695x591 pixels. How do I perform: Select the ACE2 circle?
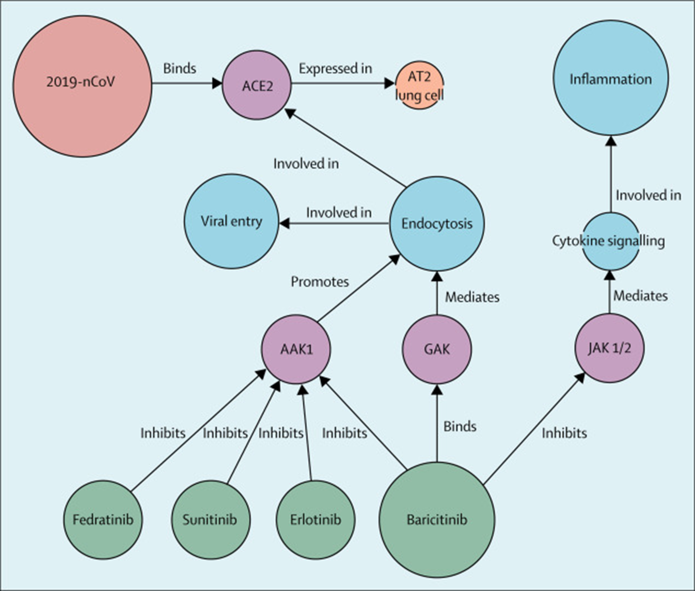click(257, 85)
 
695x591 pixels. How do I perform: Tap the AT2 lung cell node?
click(419, 86)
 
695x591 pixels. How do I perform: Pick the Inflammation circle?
click(610, 78)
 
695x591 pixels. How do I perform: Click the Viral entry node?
click(231, 221)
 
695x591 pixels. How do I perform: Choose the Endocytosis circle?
click(437, 223)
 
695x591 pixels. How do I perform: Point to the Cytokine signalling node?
click(609, 241)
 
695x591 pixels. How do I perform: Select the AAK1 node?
click(296, 349)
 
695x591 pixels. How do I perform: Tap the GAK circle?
click(437, 349)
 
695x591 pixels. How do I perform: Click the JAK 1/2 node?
click(609, 348)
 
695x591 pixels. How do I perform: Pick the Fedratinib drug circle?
click(103, 519)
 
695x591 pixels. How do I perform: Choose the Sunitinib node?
click(210, 519)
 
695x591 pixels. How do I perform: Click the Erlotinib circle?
click(315, 519)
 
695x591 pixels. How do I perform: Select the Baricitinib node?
click(437, 519)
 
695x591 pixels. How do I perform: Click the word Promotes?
click(320, 282)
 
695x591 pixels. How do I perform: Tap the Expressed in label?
click(335, 69)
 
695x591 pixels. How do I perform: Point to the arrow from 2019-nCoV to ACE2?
click(186, 84)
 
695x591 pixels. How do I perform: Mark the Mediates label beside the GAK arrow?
click(472, 297)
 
